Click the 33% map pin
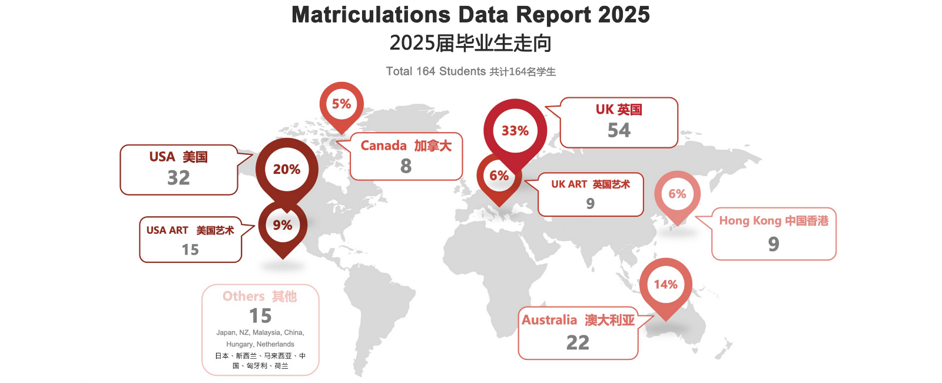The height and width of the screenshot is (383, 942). pos(515,131)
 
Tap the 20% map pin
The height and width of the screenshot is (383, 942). pos(287,170)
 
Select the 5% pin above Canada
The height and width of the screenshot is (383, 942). pos(341,104)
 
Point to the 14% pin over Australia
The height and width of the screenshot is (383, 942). pos(666,285)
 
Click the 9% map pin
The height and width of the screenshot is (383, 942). pos(283,225)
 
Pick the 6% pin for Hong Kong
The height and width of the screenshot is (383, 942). pos(677,194)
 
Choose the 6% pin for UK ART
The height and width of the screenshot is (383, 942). pos(499,176)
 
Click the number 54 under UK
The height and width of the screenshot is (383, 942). pos(619,130)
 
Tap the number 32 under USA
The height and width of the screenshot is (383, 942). pos(178,177)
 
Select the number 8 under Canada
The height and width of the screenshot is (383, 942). pos(406,166)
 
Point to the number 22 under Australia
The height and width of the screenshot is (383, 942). pos(578,342)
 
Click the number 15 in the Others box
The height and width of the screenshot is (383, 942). pos(260,316)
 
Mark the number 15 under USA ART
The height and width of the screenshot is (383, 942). pos(190,250)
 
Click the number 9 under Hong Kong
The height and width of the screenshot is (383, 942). pos(774,244)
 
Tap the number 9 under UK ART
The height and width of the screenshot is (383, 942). pos(590,203)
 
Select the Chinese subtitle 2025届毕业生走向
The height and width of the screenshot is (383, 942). pos(470,43)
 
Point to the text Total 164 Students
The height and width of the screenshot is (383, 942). pos(436,71)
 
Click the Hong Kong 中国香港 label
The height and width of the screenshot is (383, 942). pos(774,221)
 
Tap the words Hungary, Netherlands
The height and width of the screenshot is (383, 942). pos(260,344)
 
